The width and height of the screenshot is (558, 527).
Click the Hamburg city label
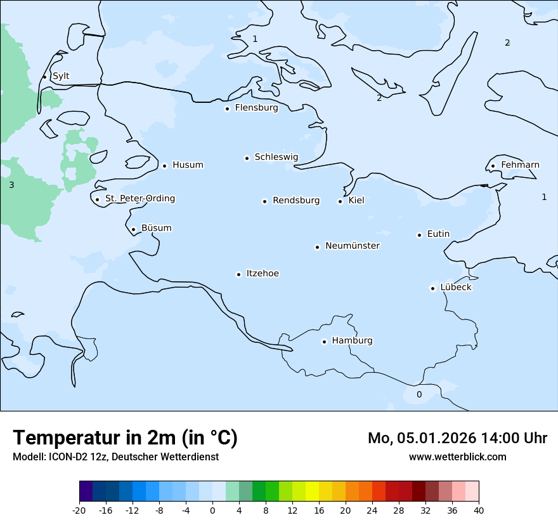pos(352,341)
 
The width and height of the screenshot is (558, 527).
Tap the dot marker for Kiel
pos(340,201)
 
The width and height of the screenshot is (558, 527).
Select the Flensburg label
pos(256,108)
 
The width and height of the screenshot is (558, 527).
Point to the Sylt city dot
pos(44,77)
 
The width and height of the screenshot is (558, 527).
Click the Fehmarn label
pos(520,165)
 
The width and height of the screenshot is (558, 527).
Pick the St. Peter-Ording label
pos(139,199)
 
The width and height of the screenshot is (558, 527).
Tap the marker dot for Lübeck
pos(432,288)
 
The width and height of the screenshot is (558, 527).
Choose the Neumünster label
pos(353,246)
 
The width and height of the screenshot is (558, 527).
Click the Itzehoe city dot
pos(238,274)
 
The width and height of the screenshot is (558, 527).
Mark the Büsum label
pos(156,229)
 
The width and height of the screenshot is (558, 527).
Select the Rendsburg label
pos(296,201)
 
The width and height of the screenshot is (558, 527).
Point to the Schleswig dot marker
pos(247,158)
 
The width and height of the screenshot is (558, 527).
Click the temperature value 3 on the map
pos(11,185)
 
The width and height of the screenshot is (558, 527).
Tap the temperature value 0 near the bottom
pos(418,395)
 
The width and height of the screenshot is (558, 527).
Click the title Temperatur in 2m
pos(125,438)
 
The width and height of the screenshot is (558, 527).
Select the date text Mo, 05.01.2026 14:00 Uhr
pos(457,438)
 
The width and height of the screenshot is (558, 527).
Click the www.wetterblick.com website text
pos(457,457)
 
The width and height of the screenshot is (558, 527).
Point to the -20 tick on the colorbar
pos(79,510)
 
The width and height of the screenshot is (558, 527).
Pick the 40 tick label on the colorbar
pos(479,510)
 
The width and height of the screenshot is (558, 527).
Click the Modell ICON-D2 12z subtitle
pos(115,457)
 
